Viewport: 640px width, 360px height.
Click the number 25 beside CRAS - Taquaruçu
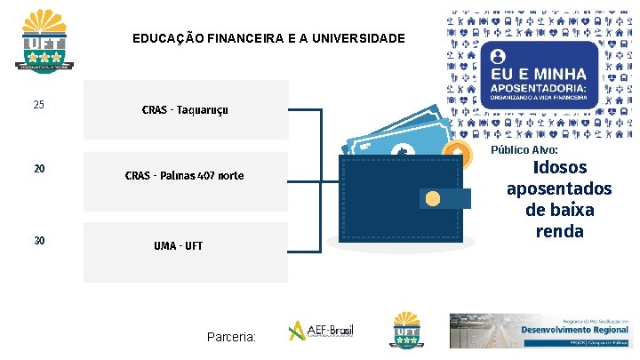(39, 105)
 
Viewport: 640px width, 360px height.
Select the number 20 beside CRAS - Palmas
(39, 169)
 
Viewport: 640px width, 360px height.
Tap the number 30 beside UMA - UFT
(39, 241)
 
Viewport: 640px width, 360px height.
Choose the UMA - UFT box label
(178, 246)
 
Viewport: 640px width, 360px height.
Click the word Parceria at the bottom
(230, 338)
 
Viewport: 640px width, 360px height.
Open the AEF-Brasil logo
(321, 331)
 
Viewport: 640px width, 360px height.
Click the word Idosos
(560, 167)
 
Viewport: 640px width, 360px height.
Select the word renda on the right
(560, 231)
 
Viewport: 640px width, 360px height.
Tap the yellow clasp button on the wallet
(433, 198)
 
